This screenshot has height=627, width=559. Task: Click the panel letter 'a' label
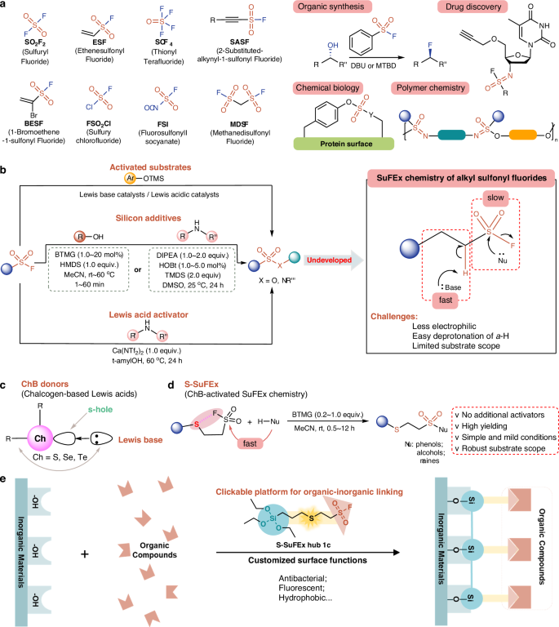point(5,7)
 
